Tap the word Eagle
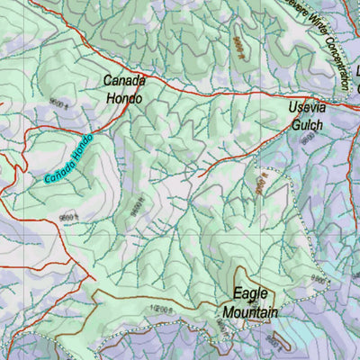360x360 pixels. (250, 293)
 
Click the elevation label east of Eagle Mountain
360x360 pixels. (317, 280)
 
